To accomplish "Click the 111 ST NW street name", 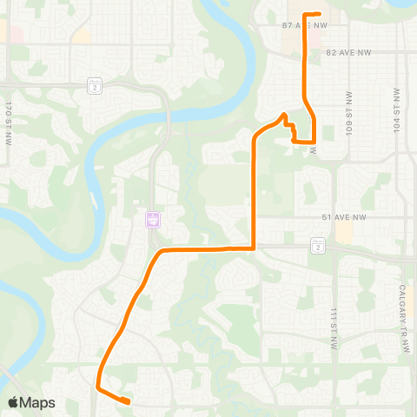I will [x=333, y=328].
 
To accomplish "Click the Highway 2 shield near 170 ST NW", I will [x=94, y=85].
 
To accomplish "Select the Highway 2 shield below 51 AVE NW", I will [x=318, y=248].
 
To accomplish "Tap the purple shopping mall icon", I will [x=153, y=220].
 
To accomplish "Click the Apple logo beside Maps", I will [x=13, y=402].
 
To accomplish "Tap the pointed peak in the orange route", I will [x=283, y=115].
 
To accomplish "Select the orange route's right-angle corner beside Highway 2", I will [x=253, y=248].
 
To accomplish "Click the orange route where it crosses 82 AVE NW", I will [x=304, y=53].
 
